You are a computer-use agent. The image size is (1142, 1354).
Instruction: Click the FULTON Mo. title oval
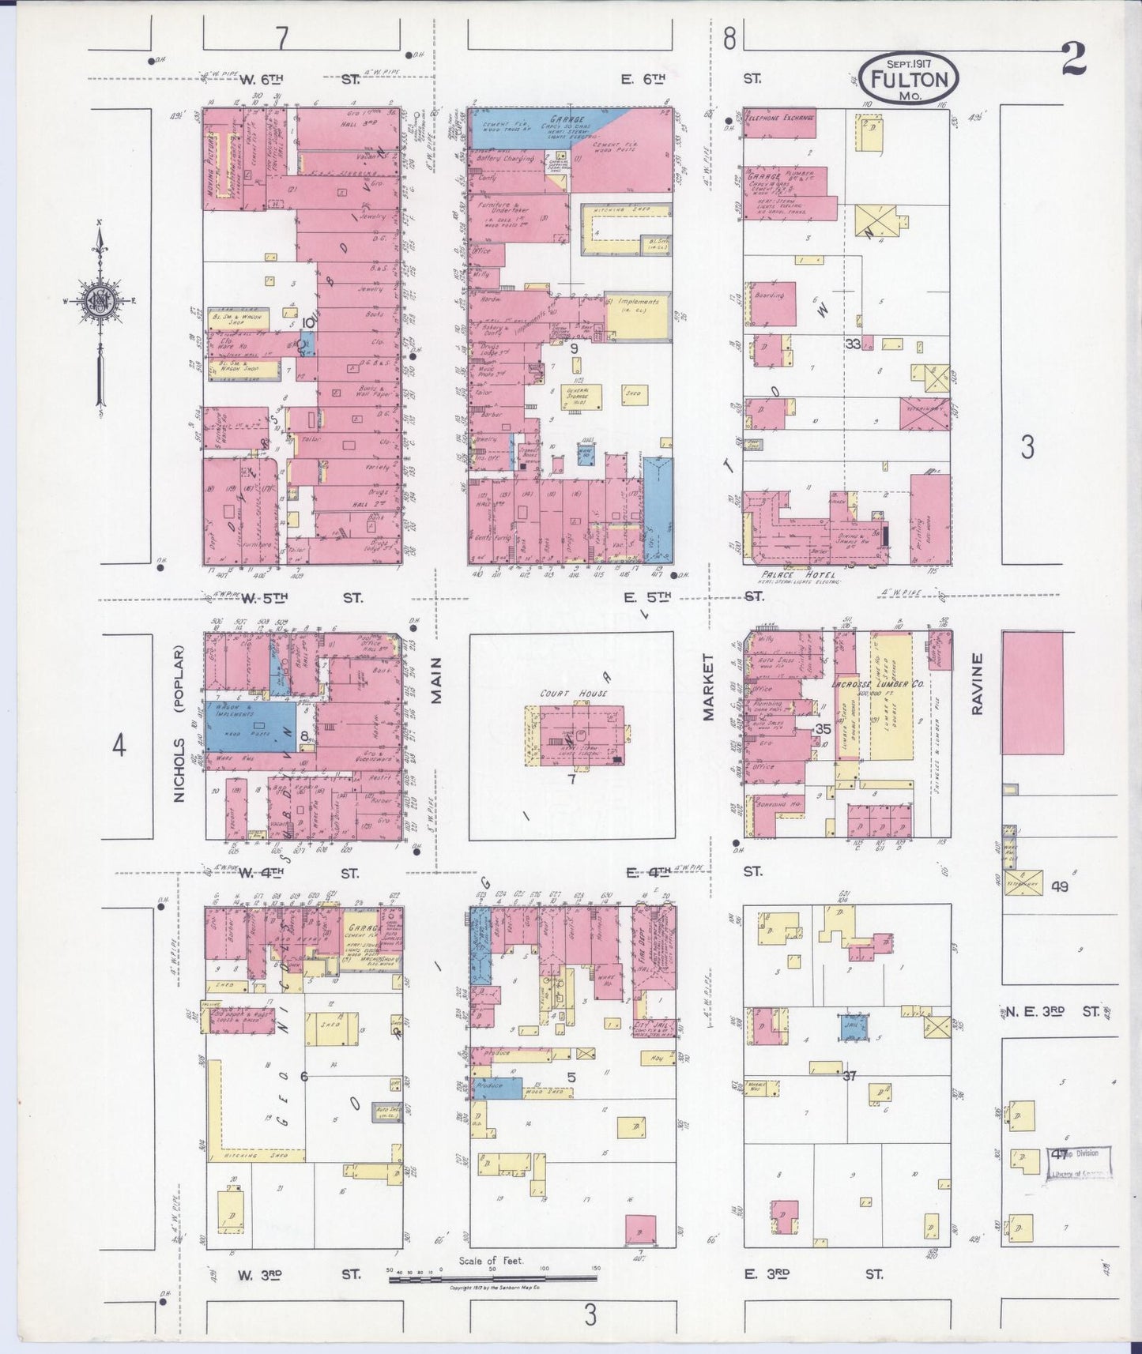point(909,77)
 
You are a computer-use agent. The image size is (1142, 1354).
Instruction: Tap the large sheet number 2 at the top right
point(1072,58)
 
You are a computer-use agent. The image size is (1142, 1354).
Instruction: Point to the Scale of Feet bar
point(492,1277)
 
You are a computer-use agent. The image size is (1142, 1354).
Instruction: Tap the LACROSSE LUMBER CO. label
point(877,684)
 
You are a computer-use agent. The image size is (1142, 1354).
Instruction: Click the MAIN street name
point(435,680)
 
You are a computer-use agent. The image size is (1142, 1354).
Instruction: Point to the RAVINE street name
point(978,684)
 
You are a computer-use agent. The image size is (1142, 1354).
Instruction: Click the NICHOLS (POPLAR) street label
point(179,724)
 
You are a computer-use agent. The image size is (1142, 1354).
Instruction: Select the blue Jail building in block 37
point(854,1028)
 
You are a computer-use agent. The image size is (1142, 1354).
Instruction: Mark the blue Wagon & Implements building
point(252,724)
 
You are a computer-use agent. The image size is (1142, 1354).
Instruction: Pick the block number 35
point(823,729)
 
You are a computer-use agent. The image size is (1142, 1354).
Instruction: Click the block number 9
point(574,348)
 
